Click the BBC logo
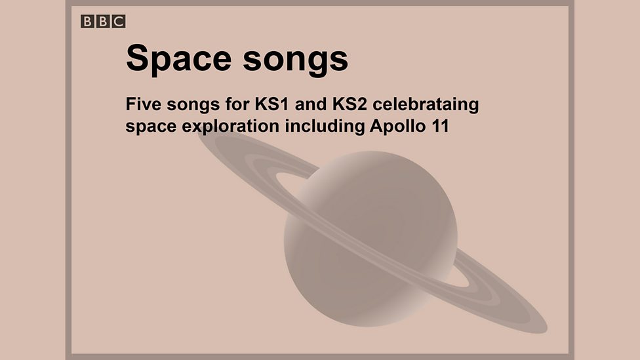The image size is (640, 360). tap(103, 22)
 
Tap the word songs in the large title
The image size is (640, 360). tap(295, 60)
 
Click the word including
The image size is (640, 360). tap(321, 127)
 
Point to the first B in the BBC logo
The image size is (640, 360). tap(88, 22)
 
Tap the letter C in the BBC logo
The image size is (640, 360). tap(119, 22)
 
